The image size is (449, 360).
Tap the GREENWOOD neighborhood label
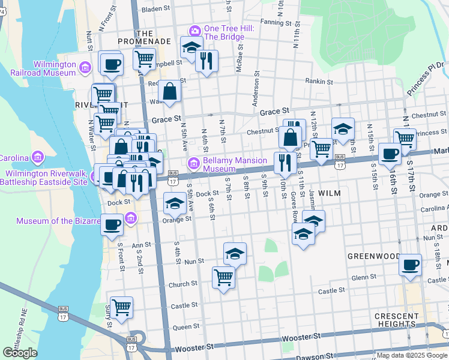[x=373, y=256]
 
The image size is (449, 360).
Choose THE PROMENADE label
[x=154, y=37]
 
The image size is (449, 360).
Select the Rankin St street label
[x=319, y=82]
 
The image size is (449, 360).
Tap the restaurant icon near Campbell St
[x=206, y=60]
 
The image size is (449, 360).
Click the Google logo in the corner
[x=20, y=353]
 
